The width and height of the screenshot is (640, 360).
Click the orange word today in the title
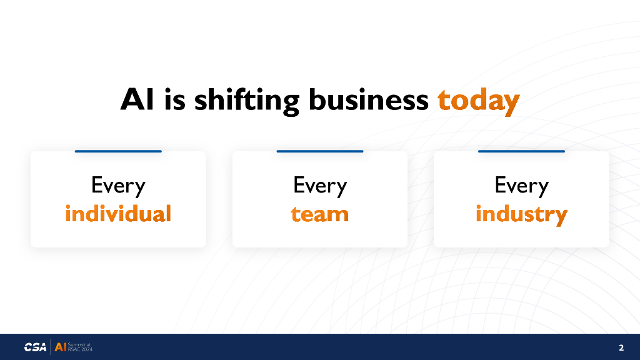478,101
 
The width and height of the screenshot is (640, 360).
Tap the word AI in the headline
137,99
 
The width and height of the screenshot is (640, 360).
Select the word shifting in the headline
247,101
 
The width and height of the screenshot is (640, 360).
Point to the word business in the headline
369,99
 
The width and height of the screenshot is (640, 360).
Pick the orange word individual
118,213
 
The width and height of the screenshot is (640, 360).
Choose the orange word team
319,214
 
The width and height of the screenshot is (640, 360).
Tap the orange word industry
521,215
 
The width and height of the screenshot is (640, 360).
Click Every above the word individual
118,186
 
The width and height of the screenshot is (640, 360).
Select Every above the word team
320,186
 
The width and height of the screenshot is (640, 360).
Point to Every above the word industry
522,186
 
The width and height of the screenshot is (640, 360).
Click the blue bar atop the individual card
118,151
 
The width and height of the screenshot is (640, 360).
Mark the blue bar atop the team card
320,151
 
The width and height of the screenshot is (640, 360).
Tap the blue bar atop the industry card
522,151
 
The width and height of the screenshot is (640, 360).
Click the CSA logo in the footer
35,347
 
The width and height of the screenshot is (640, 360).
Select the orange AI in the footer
61,347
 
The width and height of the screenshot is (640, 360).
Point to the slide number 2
621,347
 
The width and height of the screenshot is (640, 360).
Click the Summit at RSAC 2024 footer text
80,347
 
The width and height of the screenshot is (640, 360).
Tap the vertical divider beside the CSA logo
51,347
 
